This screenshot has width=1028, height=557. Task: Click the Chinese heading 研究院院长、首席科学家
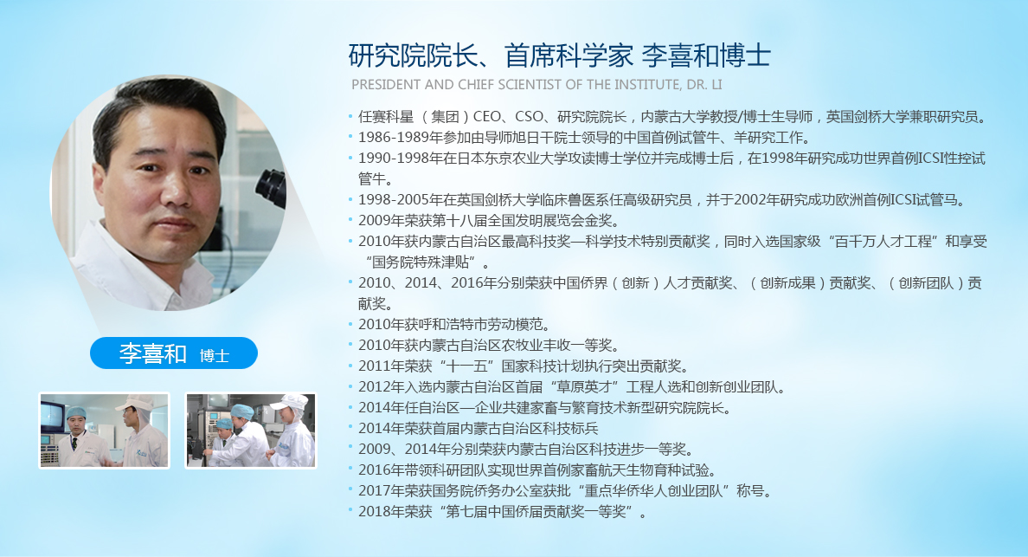[x=491, y=55]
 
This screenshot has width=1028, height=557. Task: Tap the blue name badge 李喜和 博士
[x=174, y=353]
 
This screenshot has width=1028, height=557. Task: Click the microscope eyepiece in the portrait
[x=272, y=188]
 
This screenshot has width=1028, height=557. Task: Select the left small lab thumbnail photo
[x=104, y=430]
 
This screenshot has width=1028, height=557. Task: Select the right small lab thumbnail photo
[x=251, y=430]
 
